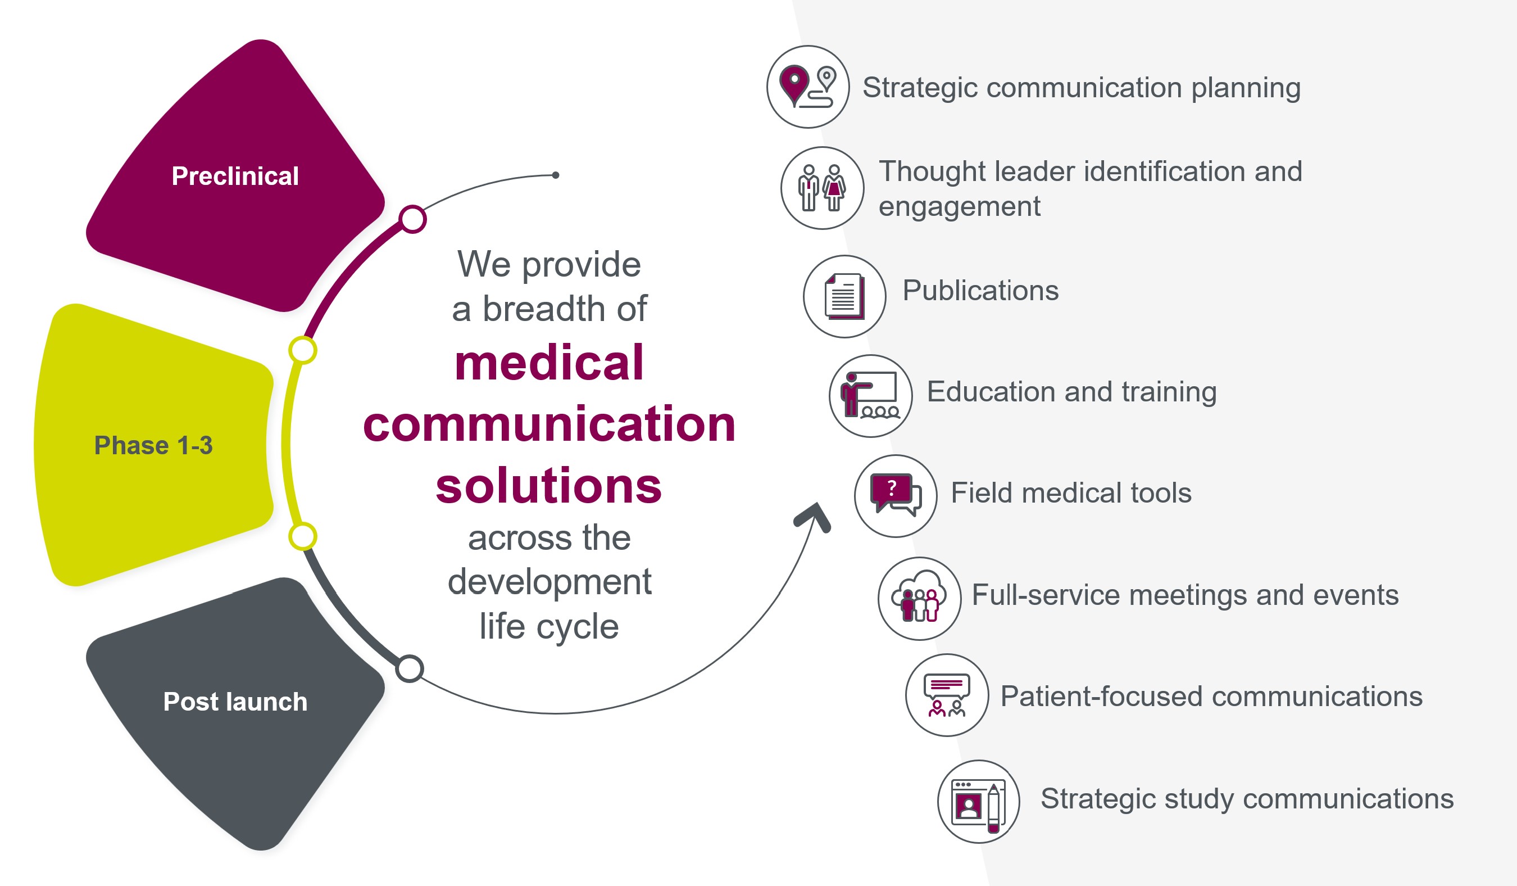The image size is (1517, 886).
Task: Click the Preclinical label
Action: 235,176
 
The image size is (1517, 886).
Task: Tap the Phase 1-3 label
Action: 153,445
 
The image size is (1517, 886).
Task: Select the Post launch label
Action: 235,702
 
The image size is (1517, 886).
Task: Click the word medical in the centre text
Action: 549,363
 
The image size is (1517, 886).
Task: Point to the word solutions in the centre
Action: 548,486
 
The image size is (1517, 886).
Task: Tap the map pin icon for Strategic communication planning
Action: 808,87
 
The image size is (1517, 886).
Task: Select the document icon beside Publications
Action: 844,296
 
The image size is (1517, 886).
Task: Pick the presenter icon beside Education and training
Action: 870,396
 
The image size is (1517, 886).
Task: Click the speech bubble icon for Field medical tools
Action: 896,496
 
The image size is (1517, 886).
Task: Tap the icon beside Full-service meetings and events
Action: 919,598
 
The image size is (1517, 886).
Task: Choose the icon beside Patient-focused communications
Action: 947,695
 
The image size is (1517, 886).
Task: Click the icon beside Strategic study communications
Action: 979,801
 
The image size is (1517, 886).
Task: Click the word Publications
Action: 980,290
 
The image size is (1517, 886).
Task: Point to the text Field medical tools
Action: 1071,492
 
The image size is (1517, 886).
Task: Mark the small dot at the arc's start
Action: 556,175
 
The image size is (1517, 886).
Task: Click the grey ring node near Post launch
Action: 410,668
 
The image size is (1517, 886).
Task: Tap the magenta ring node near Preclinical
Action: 413,219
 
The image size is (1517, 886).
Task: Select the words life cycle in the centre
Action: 549,626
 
